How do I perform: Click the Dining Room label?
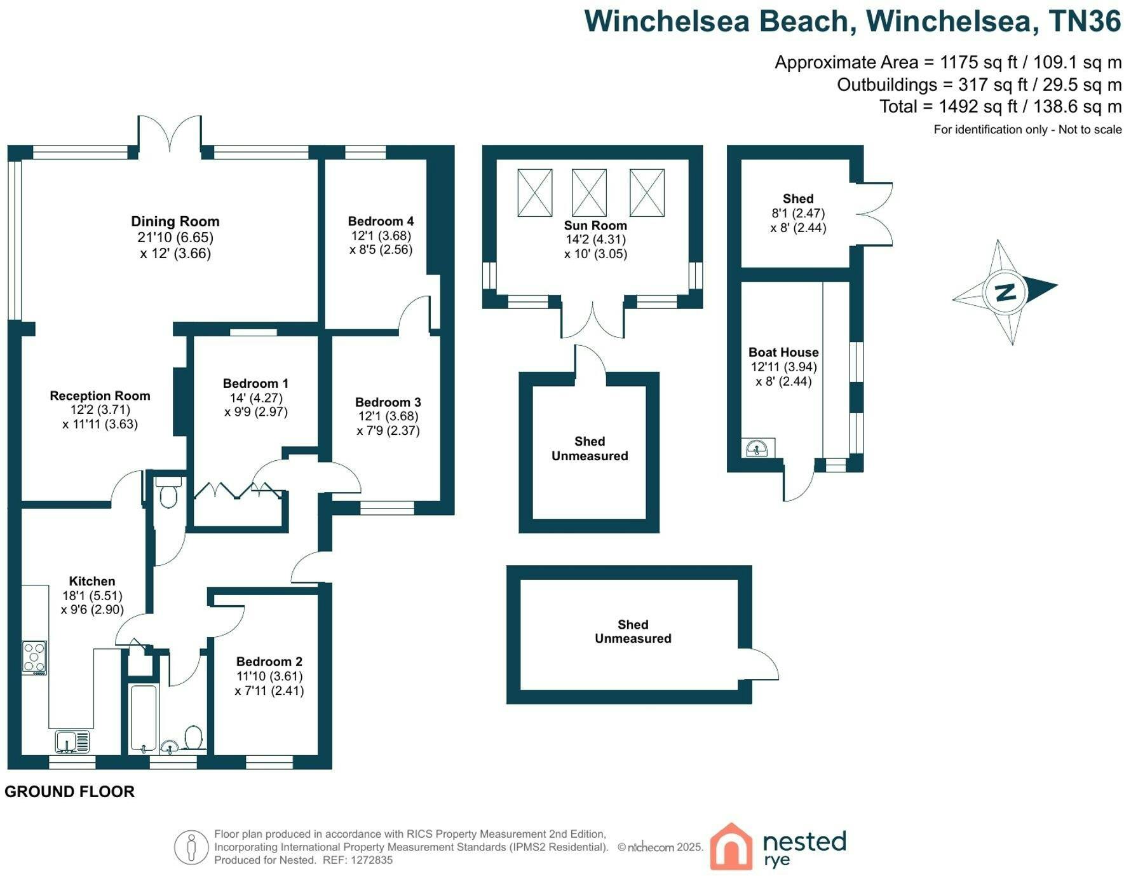[x=175, y=221]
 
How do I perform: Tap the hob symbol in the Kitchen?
[x=34, y=657]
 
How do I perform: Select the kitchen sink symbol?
[x=72, y=742]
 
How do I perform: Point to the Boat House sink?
[x=758, y=448]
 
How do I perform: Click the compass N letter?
[x=1005, y=292]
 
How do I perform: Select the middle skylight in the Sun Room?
[x=589, y=193]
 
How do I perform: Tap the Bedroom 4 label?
[x=381, y=221]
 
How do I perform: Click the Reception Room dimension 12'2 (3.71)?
[x=100, y=410]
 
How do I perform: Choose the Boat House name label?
[x=783, y=352]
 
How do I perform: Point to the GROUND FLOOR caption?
[x=70, y=791]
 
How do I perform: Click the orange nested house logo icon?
[x=731, y=846]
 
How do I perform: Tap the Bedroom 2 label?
[x=269, y=662]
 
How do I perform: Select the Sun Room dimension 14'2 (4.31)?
[x=595, y=240]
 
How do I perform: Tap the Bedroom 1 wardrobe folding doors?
[x=238, y=490]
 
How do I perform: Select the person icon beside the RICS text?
[x=192, y=847]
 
